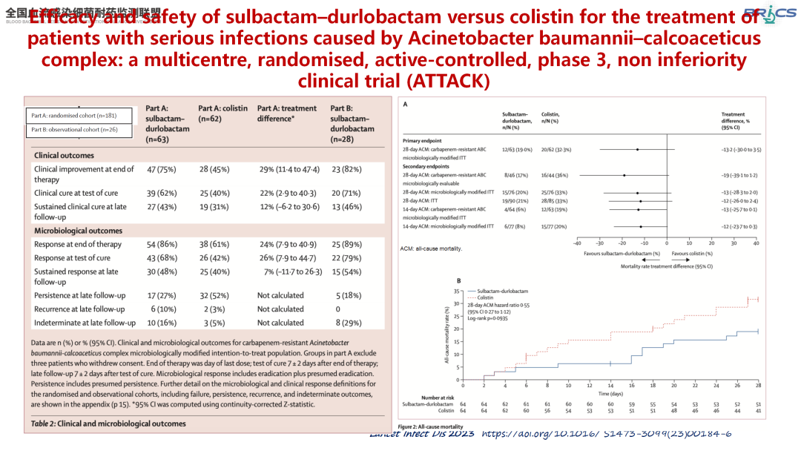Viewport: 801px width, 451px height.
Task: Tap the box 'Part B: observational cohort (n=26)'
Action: coord(80,130)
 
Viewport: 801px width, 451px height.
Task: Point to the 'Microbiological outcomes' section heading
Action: coord(78,231)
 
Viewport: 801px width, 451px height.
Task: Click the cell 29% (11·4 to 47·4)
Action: coord(291,169)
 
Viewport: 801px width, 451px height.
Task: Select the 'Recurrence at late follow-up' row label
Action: coord(80,309)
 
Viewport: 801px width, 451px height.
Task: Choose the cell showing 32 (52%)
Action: coord(216,295)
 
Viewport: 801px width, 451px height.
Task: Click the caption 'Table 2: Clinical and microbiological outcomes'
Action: coord(108,424)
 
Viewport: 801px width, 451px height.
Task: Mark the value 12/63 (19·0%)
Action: coord(517,150)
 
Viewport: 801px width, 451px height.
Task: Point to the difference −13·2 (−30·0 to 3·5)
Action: coord(741,150)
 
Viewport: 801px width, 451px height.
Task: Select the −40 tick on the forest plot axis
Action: coord(578,243)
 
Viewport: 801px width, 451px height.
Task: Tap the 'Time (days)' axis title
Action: coord(610,393)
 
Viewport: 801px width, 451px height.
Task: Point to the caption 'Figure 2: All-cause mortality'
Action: coord(431,427)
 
